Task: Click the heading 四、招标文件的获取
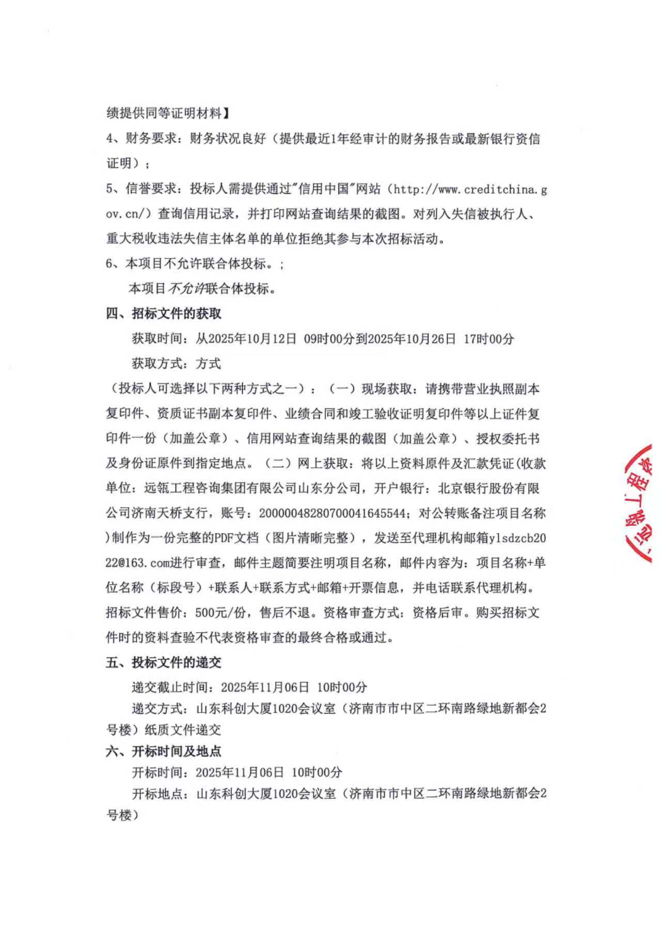click(164, 313)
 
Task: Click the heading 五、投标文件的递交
click(164, 662)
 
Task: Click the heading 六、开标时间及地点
click(164, 751)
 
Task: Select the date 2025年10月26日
click(405, 339)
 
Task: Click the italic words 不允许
click(186, 289)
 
